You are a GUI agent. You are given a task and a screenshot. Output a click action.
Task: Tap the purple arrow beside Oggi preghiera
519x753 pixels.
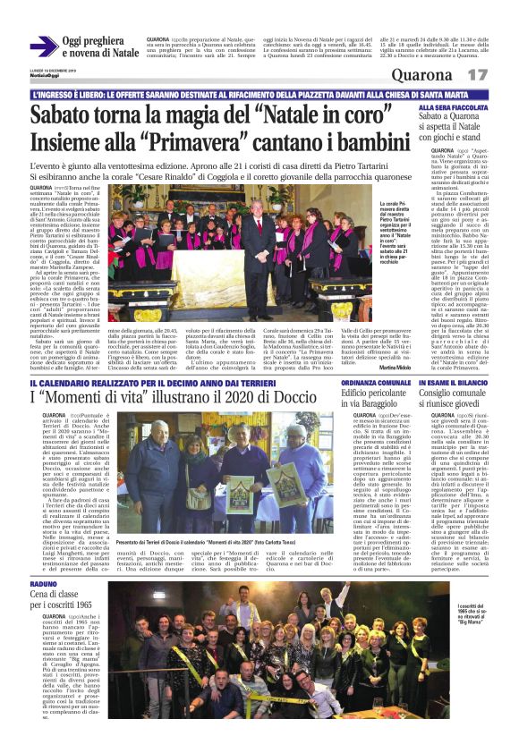pos(43,47)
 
